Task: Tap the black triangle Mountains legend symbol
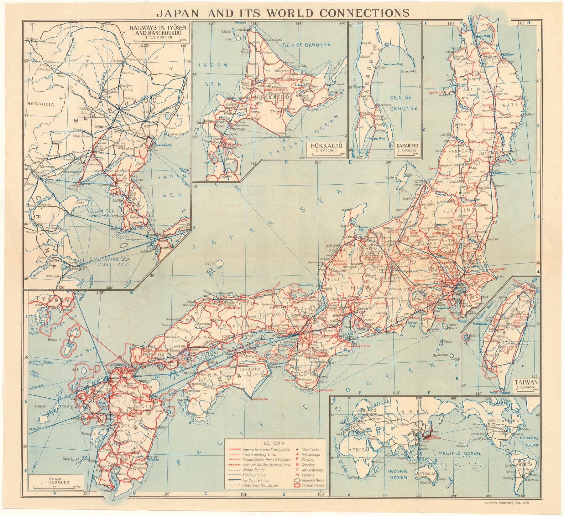(296, 450)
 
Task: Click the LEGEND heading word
(274, 443)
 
